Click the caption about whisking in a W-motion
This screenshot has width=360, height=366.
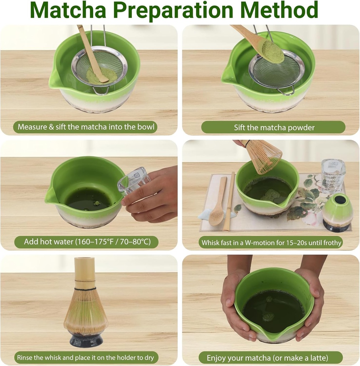tap(271, 243)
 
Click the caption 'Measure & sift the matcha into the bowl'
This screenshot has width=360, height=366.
tap(85, 127)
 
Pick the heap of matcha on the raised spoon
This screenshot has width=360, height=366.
tap(273, 52)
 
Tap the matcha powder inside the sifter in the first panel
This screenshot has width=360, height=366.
tap(102, 76)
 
